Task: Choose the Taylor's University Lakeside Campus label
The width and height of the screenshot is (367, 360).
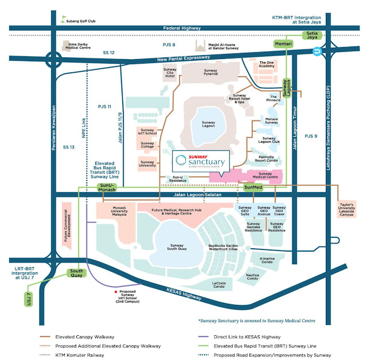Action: [x=346, y=208]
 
